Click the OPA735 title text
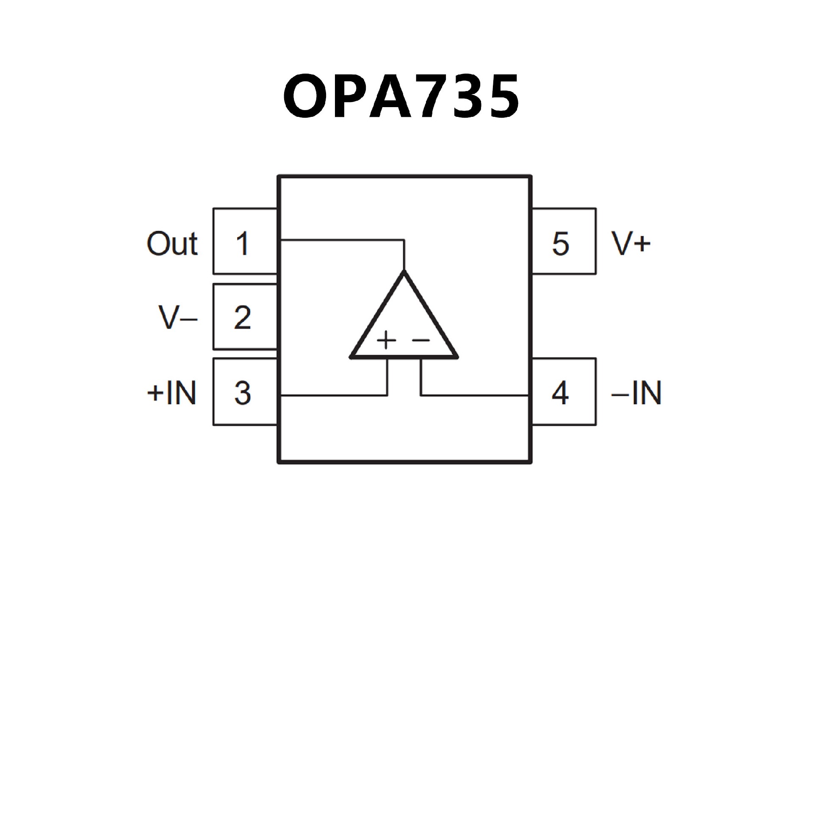click(401, 97)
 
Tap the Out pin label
click(172, 243)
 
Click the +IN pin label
click(171, 393)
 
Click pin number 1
click(242, 243)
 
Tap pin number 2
click(242, 318)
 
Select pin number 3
click(242, 393)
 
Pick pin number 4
click(560, 393)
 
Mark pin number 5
click(561, 243)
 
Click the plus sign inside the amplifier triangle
click(386, 340)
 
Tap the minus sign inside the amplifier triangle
click(421, 340)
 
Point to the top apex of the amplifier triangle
click(404, 273)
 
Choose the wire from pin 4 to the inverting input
click(474, 395)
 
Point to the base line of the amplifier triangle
click(404, 357)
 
